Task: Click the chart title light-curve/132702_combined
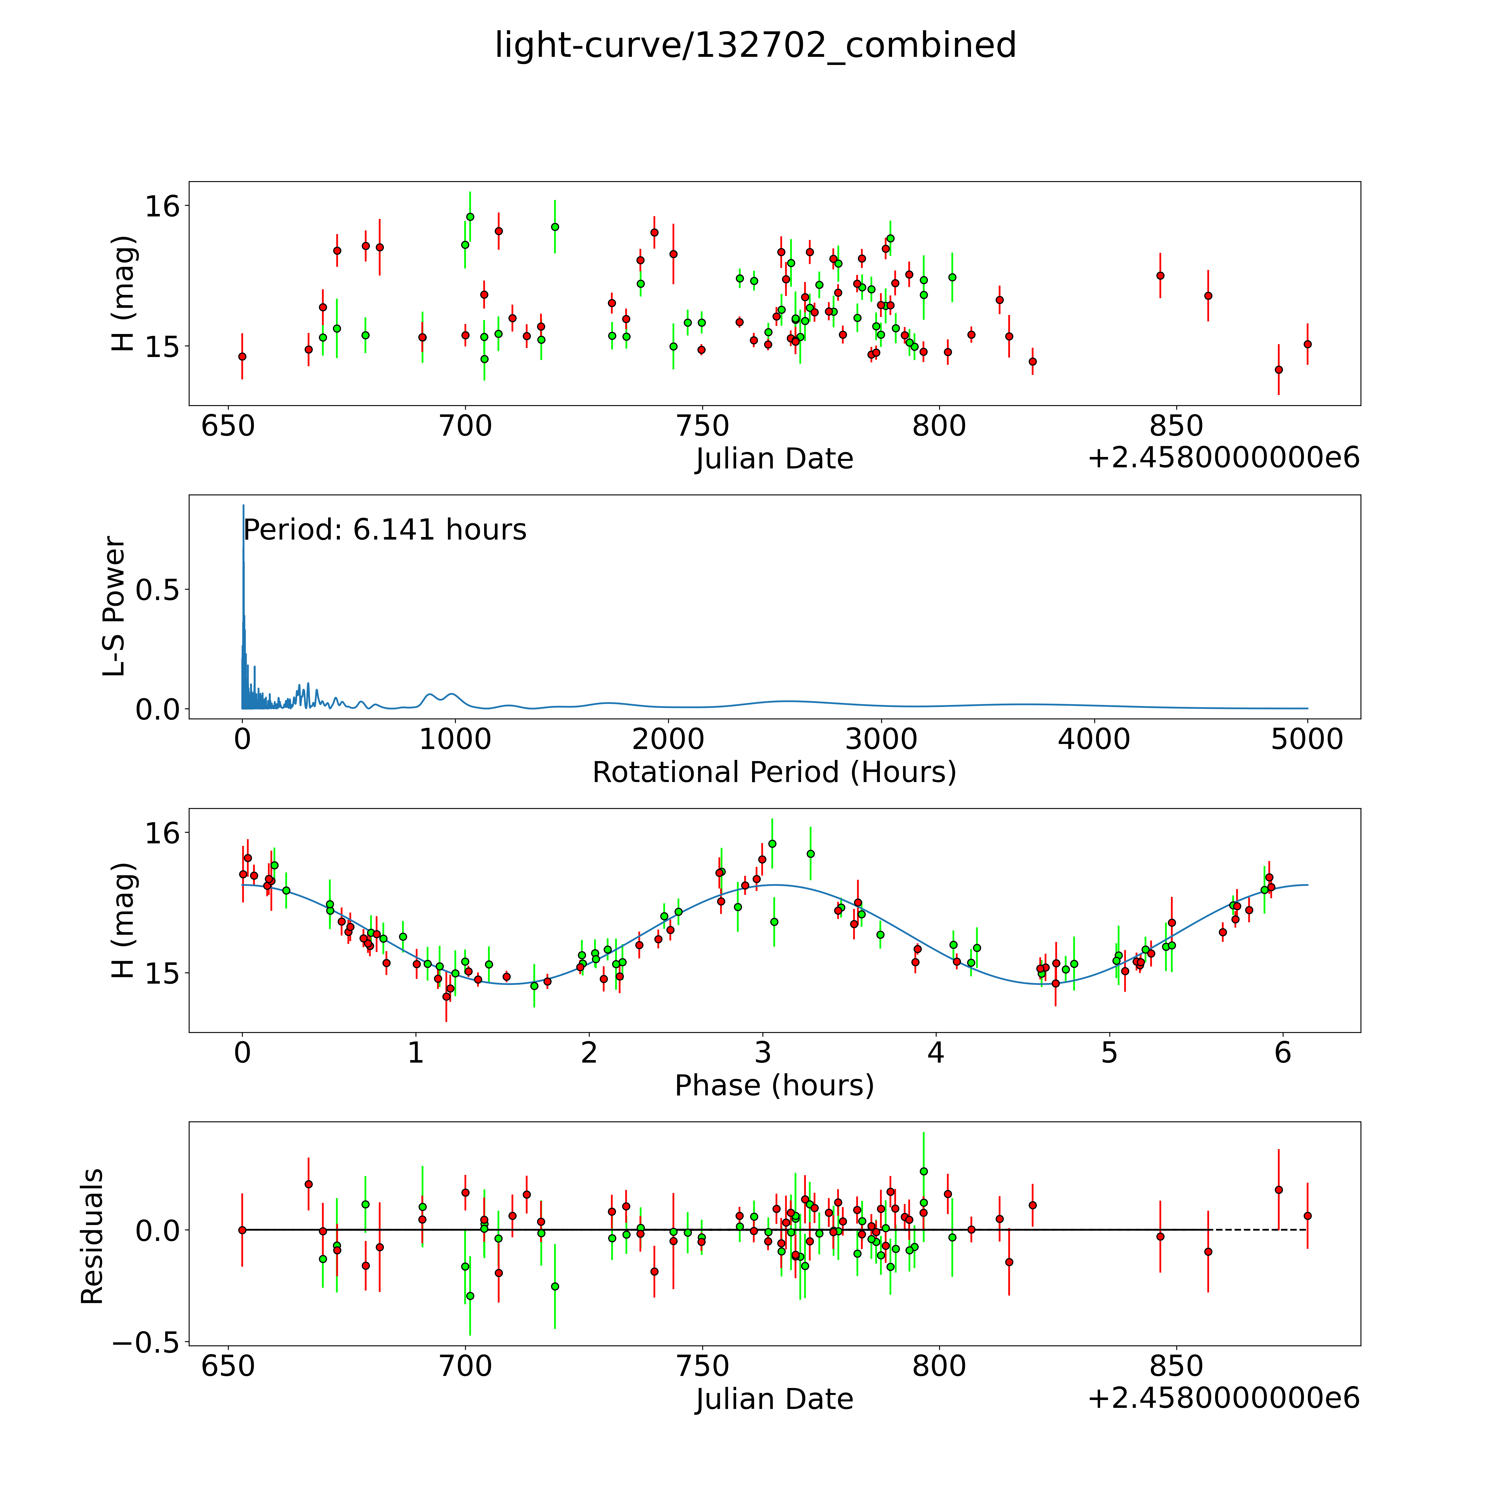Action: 755,45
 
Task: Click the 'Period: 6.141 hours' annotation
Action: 384,530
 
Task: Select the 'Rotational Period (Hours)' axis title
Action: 774,773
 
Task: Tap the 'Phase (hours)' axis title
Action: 774,1086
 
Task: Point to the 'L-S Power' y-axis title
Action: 114,606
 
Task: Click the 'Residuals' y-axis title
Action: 92,1236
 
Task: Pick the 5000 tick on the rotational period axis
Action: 1307,739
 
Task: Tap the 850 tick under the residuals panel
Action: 1176,1366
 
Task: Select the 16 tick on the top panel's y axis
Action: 162,207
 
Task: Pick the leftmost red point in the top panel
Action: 242,356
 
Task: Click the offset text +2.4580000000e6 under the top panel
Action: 1223,458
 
